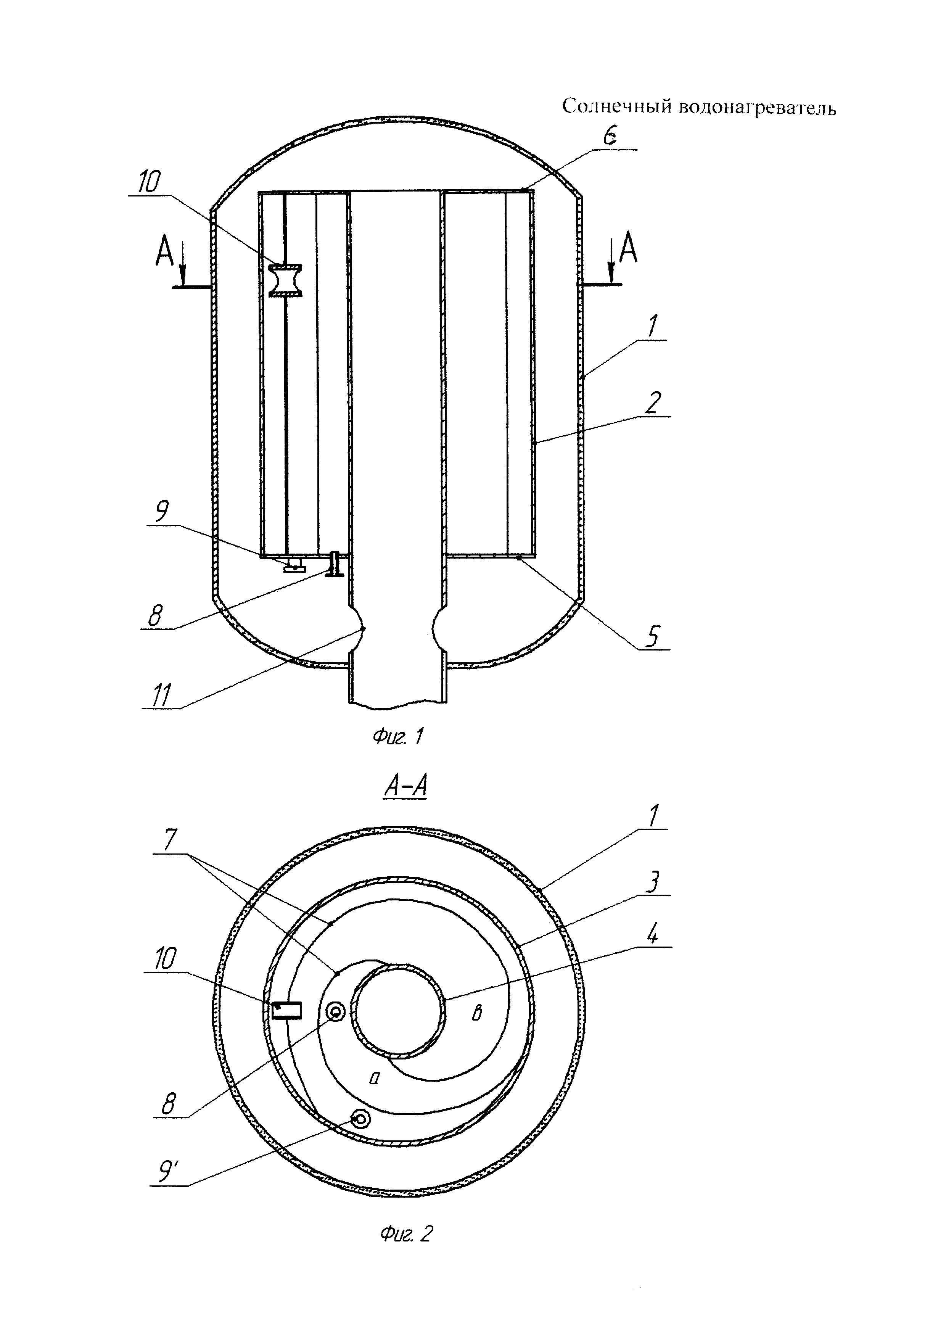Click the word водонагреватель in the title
(x=758, y=108)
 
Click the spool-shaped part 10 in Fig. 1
(x=286, y=280)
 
